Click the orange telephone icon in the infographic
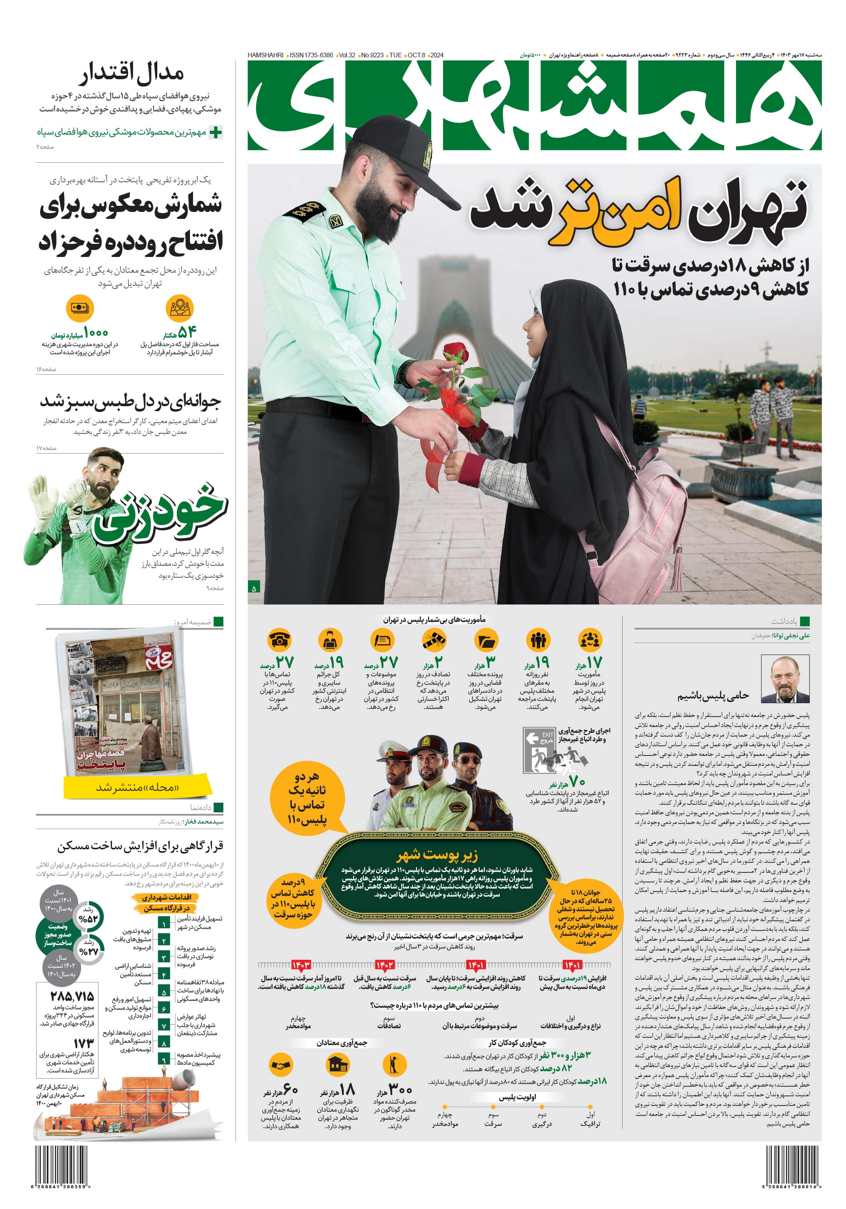[x=280, y=640]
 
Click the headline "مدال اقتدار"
[x=132, y=74]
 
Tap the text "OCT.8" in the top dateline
[x=417, y=55]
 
